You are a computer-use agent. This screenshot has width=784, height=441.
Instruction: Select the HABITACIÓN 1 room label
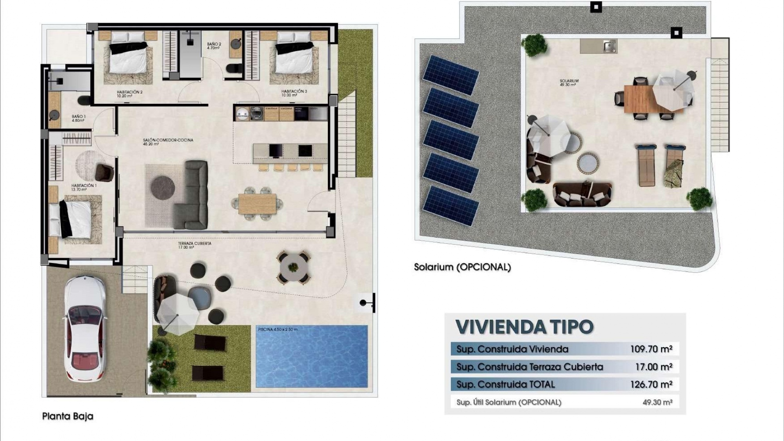coord(84,187)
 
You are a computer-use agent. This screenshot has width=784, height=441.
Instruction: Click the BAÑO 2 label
coord(214,45)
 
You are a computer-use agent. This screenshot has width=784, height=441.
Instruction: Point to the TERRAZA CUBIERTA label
coord(194,245)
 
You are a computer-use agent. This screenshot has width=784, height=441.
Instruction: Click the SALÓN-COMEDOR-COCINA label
coord(168,142)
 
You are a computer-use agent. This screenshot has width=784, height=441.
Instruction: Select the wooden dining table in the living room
coord(257,203)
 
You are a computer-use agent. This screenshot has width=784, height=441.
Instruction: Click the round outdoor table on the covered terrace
coord(293,267)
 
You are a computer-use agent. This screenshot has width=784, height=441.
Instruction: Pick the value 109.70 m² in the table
coord(651,349)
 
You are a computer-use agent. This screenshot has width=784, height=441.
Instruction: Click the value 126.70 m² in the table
coord(651,384)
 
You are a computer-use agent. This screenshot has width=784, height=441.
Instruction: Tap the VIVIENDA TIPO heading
coord(524,327)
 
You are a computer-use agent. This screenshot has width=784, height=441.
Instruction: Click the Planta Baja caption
coord(68,416)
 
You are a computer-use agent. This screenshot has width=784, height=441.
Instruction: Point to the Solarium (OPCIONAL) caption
coord(462,267)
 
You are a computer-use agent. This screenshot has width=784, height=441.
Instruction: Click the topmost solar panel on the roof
coord(451,75)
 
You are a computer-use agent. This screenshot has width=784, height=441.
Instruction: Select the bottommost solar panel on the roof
coord(451,206)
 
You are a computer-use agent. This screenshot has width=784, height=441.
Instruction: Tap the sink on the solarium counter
coord(610,47)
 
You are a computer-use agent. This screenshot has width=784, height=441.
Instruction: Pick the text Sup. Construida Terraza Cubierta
coord(529,367)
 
